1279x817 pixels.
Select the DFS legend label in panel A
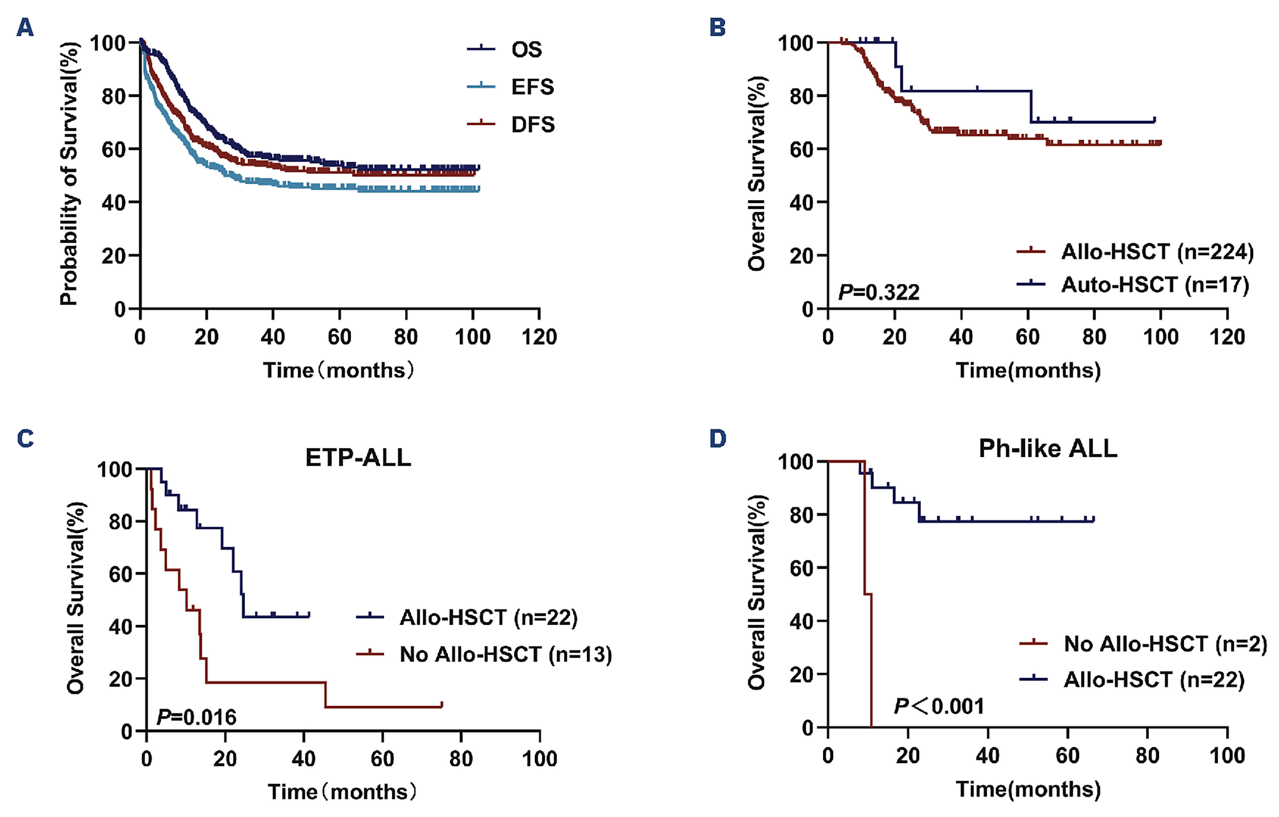click(532, 124)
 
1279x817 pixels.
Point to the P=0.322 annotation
click(878, 292)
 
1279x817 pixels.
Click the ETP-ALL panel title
click(358, 457)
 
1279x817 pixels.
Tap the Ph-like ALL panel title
click(1048, 448)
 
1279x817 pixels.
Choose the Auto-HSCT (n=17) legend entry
click(1155, 285)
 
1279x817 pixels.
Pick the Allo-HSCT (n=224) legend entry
click(1157, 251)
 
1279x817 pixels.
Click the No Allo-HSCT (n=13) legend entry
click(505, 654)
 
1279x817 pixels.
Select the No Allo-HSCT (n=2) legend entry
click(1165, 644)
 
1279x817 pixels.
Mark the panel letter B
click(718, 26)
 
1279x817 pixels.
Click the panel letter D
click(718, 439)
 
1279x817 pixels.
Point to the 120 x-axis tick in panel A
click(539, 337)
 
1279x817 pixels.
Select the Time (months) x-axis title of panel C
click(341, 792)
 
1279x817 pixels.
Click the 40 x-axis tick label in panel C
click(303, 759)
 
